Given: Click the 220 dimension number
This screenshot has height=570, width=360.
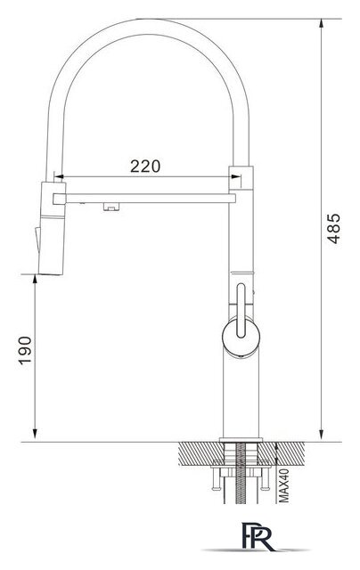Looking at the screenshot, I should pyautogui.click(x=144, y=165).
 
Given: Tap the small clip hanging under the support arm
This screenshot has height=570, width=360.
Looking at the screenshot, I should pyautogui.click(x=111, y=207).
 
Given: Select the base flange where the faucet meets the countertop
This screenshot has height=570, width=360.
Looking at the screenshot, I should pyautogui.click(x=239, y=440).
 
